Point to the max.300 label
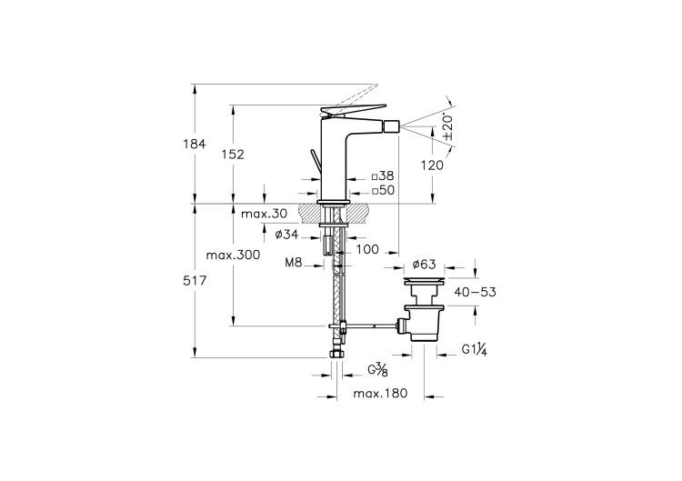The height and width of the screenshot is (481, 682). pos(234,256)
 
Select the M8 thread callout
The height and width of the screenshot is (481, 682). pos(294,263)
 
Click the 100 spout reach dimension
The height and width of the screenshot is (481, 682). pos(367,248)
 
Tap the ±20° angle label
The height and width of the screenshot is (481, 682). pos(447,126)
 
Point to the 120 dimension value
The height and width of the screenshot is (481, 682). pos(433,165)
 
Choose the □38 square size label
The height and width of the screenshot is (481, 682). pos(383,175)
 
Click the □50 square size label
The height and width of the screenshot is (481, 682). pos(383,190)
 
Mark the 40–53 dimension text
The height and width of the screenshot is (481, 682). pos(476,292)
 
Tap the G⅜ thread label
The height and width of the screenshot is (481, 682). pos(378,369)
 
